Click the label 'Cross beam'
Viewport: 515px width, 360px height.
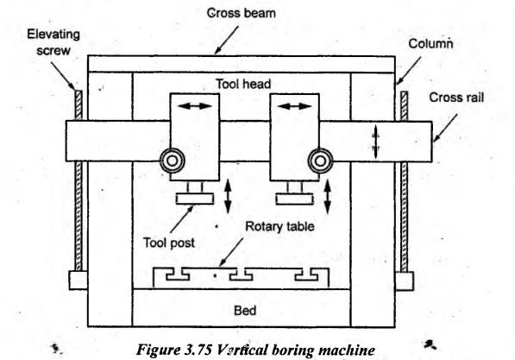click(242, 13)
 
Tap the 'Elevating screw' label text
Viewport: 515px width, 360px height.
click(53, 42)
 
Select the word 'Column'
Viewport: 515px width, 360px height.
click(430, 44)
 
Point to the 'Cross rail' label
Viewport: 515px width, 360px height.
click(456, 98)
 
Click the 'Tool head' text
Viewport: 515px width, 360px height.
click(243, 84)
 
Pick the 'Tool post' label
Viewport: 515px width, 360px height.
click(169, 243)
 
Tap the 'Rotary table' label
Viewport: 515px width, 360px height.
click(279, 226)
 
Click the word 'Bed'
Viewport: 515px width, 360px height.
click(245, 310)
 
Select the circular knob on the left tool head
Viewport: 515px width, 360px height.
click(173, 161)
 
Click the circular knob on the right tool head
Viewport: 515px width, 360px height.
click(320, 161)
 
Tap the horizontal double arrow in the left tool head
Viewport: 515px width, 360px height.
click(195, 106)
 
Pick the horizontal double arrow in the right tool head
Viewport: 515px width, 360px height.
click(295, 106)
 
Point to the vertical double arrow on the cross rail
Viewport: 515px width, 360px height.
click(376, 142)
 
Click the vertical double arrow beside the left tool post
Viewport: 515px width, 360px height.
click(228, 197)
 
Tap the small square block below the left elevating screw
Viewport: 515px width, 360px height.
click(79, 281)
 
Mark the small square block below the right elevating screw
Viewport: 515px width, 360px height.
click(404, 281)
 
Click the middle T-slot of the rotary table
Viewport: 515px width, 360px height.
click(241, 275)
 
